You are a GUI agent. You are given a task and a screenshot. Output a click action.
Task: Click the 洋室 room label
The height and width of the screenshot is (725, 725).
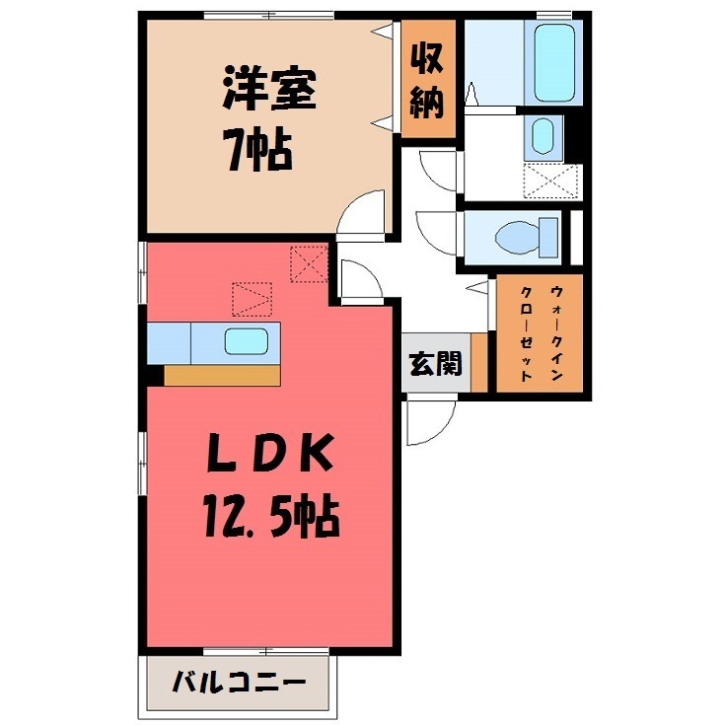click(269, 92)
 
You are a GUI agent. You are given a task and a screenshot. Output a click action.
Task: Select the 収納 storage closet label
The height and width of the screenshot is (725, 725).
click(428, 82)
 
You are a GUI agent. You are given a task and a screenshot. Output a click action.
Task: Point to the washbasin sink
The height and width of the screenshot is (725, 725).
click(542, 137)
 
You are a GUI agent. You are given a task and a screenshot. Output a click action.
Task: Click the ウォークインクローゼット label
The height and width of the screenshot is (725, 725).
click(540, 333)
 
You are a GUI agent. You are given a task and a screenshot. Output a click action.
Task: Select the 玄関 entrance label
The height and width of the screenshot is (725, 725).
click(434, 365)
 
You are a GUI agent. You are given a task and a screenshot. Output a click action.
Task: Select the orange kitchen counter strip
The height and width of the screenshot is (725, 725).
click(223, 375)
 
